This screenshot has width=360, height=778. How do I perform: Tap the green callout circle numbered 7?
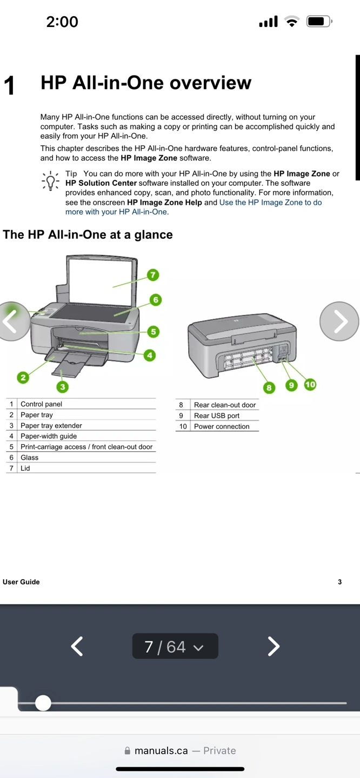click(153, 275)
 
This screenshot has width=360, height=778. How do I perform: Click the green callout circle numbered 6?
click(155, 300)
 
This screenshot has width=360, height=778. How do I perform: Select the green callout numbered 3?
click(63, 387)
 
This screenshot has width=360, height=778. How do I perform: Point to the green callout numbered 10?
click(310, 385)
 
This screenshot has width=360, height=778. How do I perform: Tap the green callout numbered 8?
click(269, 387)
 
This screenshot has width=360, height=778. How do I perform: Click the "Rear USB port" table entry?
click(217, 415)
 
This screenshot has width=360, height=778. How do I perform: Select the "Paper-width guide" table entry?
click(49, 436)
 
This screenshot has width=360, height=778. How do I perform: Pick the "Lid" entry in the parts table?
click(25, 468)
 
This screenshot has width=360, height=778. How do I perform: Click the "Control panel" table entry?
click(41, 404)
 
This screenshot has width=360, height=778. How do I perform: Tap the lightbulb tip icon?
click(50, 181)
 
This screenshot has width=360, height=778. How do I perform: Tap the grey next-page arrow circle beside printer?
click(339, 321)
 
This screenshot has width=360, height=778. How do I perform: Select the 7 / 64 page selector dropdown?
click(175, 646)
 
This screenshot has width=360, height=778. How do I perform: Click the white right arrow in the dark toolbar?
click(274, 646)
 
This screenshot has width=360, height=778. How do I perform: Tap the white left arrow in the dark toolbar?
click(77, 646)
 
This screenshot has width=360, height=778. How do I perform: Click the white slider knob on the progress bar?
click(43, 703)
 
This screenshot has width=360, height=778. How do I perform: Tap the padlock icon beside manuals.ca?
click(128, 750)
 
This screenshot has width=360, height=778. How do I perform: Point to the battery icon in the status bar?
click(318, 22)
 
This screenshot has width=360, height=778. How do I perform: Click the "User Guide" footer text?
click(21, 582)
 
